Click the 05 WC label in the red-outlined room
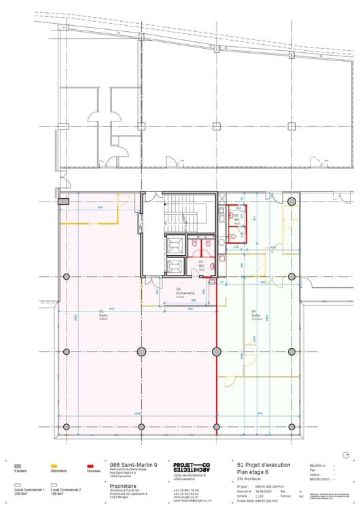[x=237, y=220]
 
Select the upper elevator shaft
[x=174, y=245]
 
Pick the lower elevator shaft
[x=174, y=265]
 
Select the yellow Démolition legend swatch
[x=55, y=466]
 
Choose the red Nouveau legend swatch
[x=91, y=466]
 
